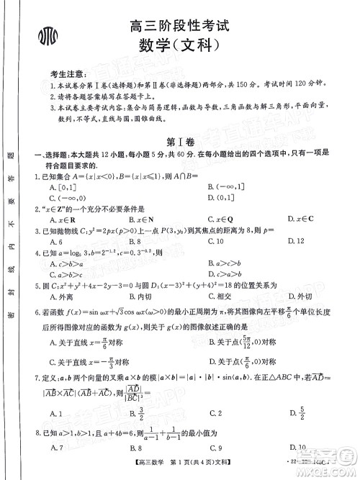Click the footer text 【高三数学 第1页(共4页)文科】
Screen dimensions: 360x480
coord(187,469)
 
